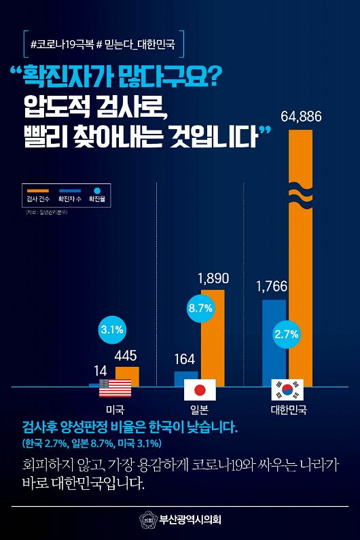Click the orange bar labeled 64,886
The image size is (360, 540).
click(301, 258)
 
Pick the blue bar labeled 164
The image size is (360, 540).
click(186, 378)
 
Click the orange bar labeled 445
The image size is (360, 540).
click(127, 376)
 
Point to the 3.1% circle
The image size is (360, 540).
click(111, 330)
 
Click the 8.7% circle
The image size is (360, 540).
click(200, 308)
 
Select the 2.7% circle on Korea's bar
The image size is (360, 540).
click(287, 334)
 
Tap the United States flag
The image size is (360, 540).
click(113, 389)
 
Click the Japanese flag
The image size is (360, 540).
click(200, 389)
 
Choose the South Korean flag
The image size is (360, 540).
click(287, 389)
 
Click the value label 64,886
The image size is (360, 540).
click(301, 118)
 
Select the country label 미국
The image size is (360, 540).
click(114, 410)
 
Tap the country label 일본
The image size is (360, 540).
click(200, 410)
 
